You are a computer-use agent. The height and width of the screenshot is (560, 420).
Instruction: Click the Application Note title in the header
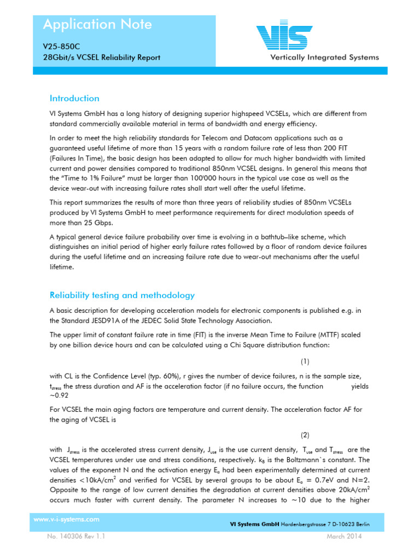(x=97, y=25)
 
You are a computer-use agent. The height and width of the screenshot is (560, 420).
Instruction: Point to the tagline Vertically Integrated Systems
(x=324, y=57)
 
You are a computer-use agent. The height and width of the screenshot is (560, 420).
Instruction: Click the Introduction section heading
(x=74, y=98)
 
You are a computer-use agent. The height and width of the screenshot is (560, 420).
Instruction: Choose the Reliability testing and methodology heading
(x=122, y=295)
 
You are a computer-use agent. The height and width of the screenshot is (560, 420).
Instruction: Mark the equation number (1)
(x=305, y=361)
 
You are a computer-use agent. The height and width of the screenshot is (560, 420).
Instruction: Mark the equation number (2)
(x=305, y=435)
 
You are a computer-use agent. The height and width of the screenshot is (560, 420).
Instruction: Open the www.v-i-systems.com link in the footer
(x=66, y=520)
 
